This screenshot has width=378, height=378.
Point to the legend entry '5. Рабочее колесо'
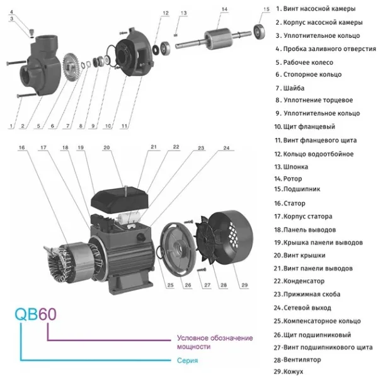[x=305, y=62]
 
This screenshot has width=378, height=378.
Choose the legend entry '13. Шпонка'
[x=292, y=167]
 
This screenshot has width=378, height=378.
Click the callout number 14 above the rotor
[x=224, y=9]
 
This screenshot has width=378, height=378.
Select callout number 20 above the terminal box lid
[x=106, y=147]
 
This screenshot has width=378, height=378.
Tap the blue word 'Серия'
[x=188, y=360]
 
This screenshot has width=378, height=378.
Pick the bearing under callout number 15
[x=258, y=29]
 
